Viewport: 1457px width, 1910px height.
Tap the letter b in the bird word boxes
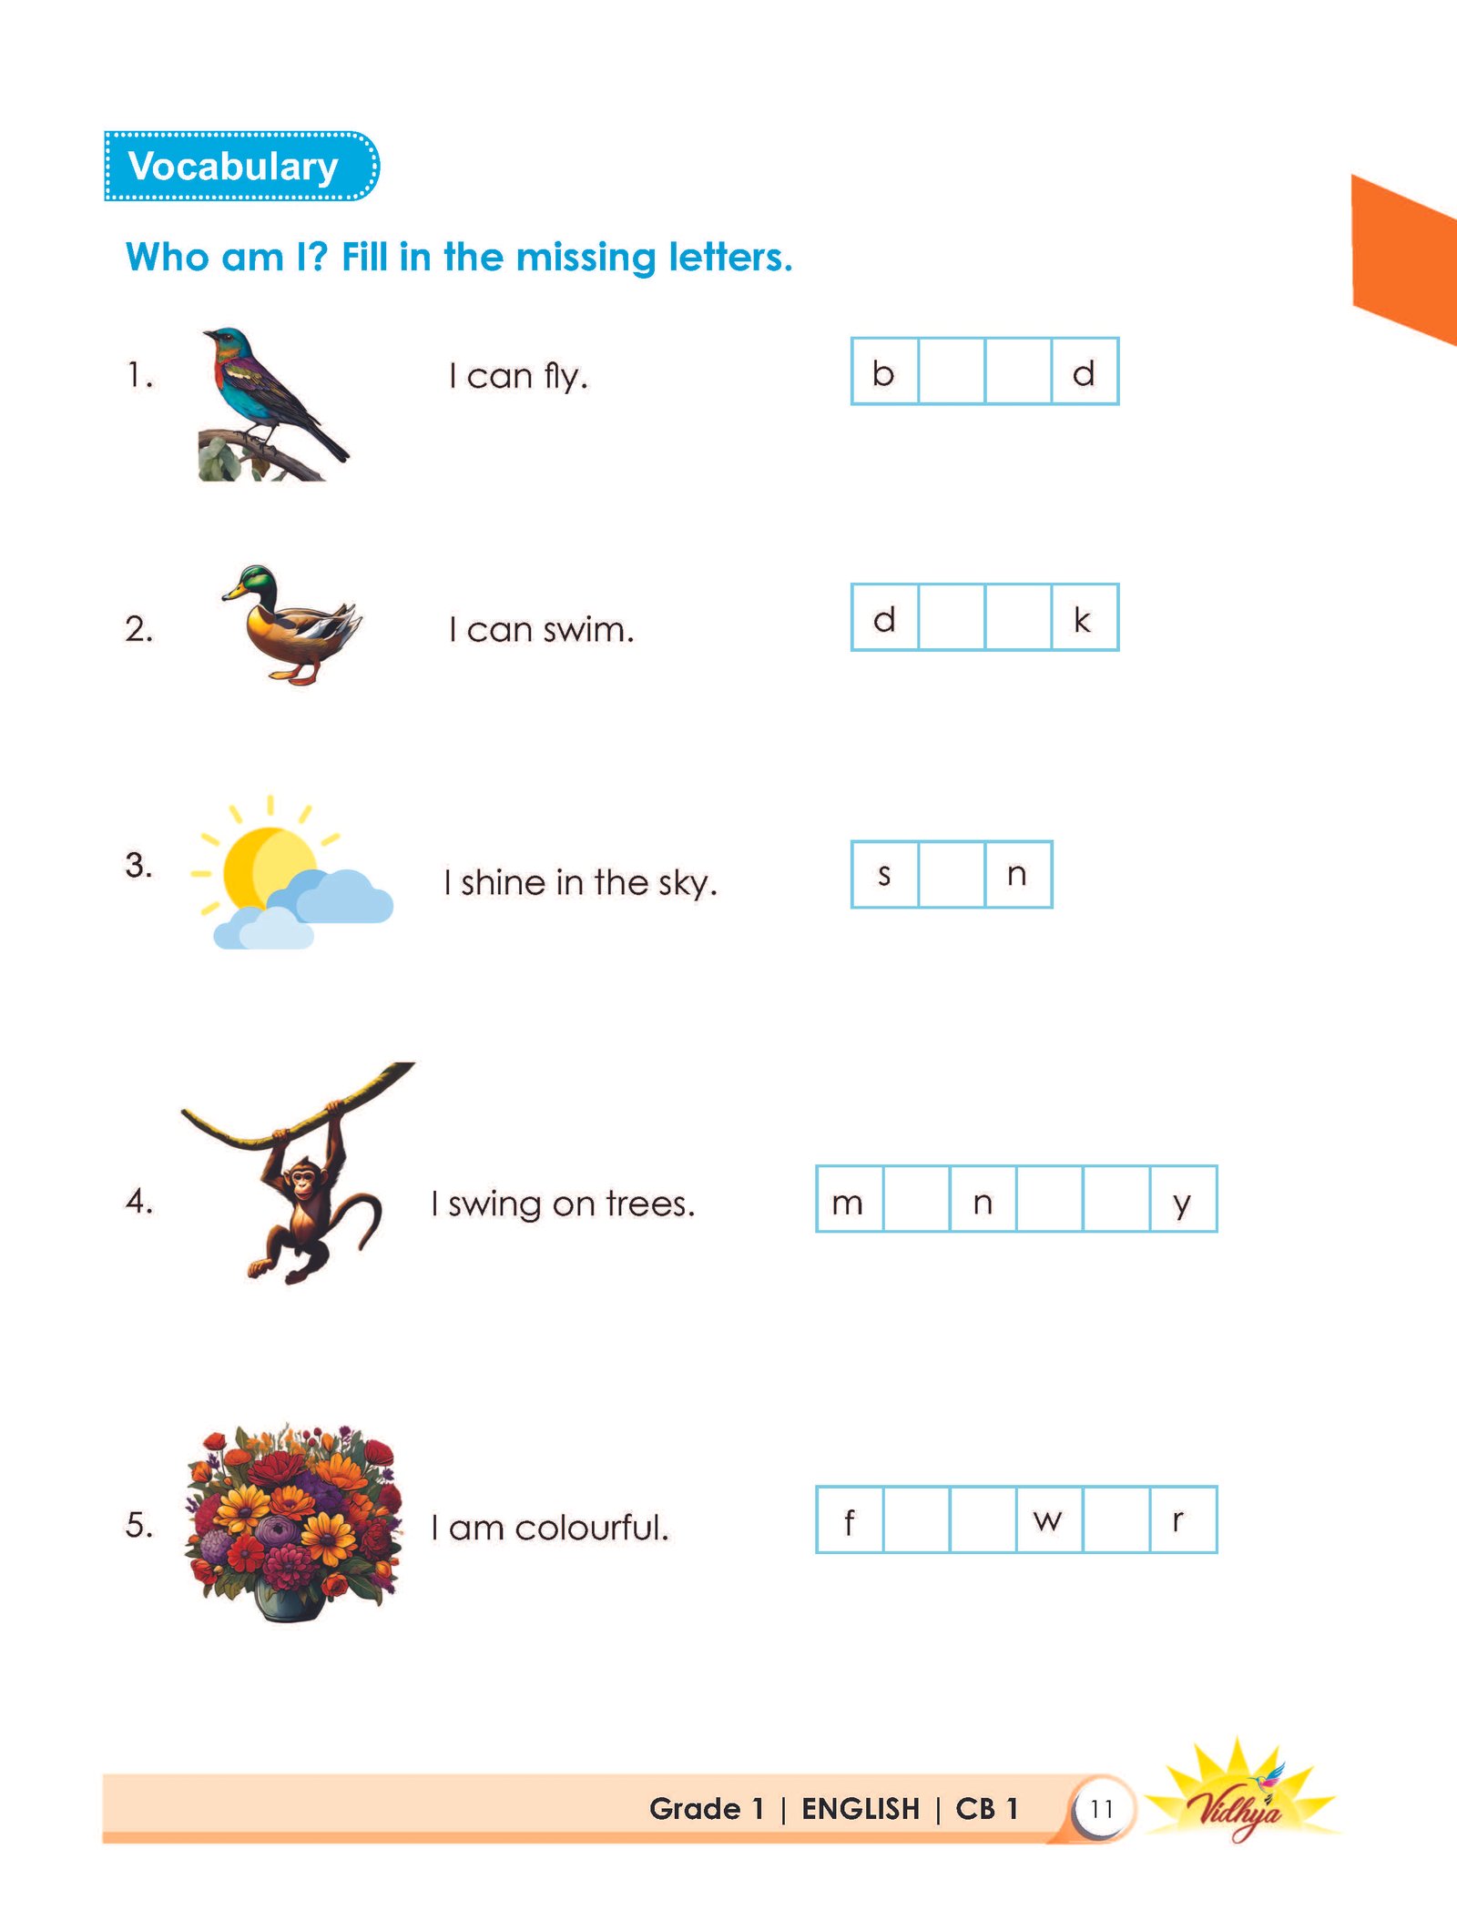point(883,372)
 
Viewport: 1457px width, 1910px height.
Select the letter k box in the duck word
point(1084,619)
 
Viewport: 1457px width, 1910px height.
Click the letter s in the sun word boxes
point(883,875)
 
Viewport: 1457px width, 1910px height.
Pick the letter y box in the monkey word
point(1182,1201)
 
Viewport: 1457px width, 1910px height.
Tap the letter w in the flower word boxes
point(1048,1521)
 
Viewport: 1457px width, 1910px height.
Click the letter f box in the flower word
point(849,1521)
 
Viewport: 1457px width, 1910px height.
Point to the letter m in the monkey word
point(849,1201)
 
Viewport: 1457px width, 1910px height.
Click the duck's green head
point(257,579)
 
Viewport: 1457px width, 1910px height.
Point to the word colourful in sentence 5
point(592,1528)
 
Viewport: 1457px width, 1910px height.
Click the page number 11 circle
point(1102,1809)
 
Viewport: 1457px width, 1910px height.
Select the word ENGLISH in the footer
point(861,1809)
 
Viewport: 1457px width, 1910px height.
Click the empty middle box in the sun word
point(952,875)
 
